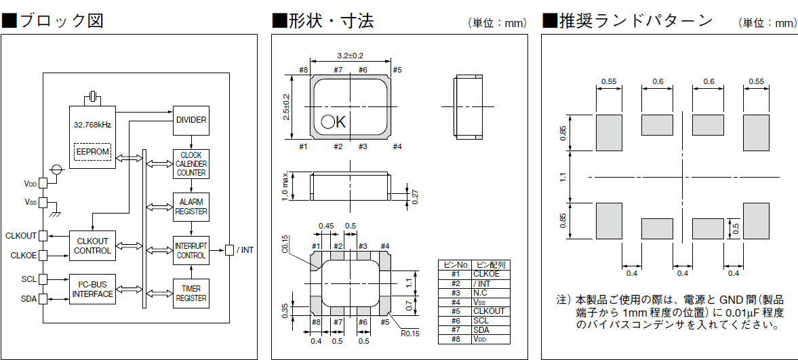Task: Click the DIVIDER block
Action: point(191,120)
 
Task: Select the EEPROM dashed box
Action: point(92,152)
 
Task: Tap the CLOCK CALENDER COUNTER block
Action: point(191,164)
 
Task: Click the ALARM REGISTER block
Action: point(191,207)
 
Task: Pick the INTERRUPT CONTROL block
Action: point(191,250)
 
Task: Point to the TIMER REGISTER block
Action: point(191,293)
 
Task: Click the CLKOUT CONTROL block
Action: point(93,245)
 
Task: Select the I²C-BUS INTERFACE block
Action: point(93,289)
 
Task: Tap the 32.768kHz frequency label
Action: point(92,125)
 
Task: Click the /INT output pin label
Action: point(245,250)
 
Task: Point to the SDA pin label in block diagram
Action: point(28,298)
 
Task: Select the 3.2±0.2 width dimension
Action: point(350,56)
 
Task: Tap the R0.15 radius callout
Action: point(410,333)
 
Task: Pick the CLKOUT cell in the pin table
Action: point(489,311)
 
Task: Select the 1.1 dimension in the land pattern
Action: point(563,178)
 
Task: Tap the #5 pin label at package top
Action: point(397,70)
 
